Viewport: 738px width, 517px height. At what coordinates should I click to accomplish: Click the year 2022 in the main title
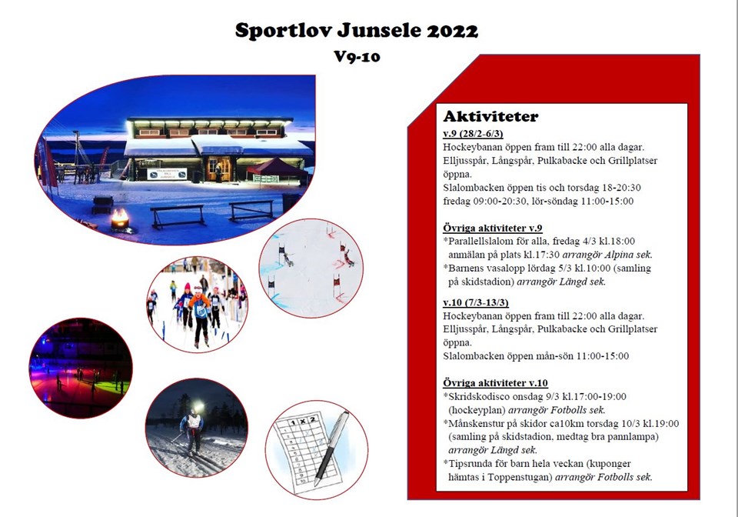click(452, 31)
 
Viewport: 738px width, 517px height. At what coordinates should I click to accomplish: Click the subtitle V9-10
click(357, 56)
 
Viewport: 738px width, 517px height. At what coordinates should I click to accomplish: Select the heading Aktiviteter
click(490, 116)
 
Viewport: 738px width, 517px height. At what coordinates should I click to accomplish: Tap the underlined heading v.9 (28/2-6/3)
click(473, 134)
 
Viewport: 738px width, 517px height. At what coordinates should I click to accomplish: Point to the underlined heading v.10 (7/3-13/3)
click(476, 302)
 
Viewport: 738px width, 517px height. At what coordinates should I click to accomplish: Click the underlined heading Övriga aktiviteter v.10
click(495, 383)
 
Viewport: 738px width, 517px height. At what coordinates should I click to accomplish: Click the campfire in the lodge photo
click(120, 219)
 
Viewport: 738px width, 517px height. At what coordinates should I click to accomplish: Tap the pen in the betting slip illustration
click(332, 447)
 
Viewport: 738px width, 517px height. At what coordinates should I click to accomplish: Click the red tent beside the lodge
click(278, 169)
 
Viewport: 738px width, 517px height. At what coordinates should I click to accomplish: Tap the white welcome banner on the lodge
click(167, 174)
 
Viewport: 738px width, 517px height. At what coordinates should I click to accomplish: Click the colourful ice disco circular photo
click(81, 368)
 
